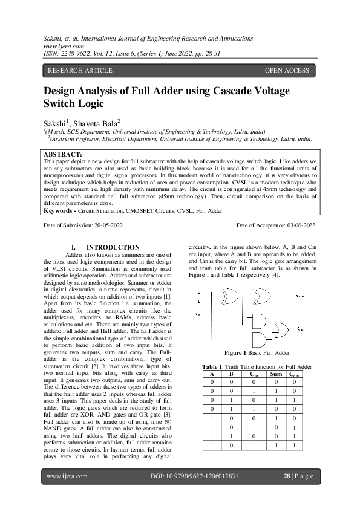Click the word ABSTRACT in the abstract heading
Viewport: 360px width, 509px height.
point(64,155)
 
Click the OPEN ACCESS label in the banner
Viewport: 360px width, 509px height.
point(286,71)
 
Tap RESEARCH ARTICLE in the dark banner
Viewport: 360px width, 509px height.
point(80,71)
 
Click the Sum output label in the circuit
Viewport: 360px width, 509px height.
point(299,296)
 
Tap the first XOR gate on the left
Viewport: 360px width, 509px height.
point(230,296)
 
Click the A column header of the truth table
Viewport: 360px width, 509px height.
point(212,374)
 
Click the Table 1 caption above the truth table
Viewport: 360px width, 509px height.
point(257,367)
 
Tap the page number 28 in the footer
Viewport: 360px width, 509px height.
point(287,476)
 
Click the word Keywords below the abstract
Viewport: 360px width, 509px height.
point(61,211)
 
